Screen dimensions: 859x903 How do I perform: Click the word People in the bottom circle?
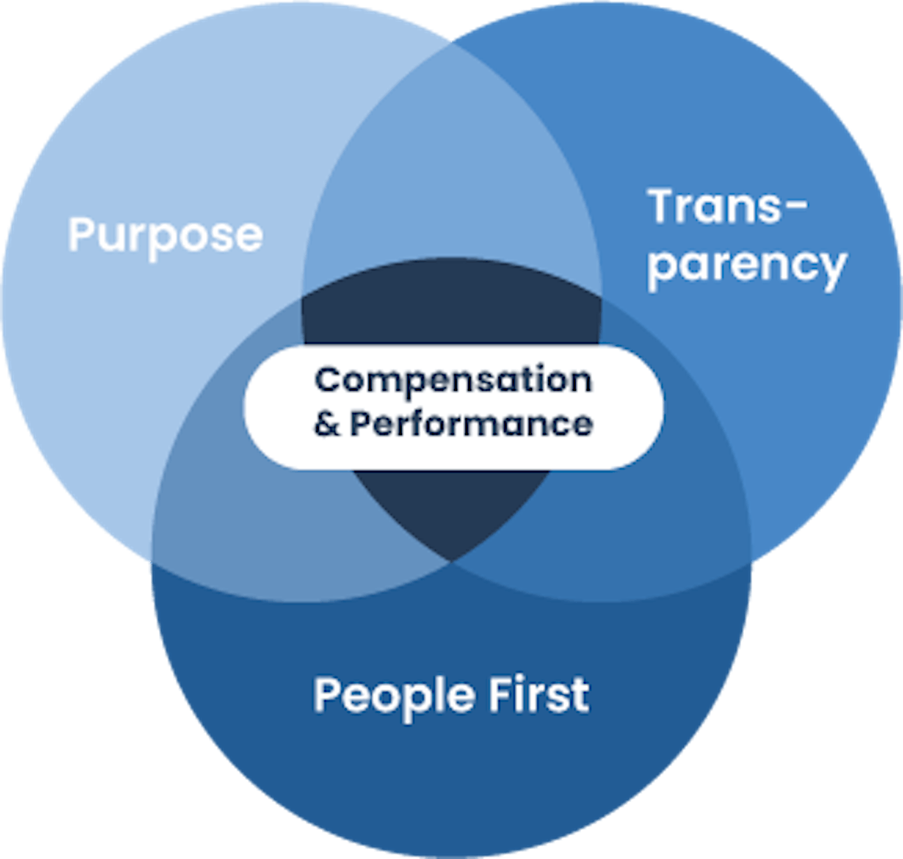click(x=394, y=695)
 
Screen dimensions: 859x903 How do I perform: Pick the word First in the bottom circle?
click(x=539, y=694)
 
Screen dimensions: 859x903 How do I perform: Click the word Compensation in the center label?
click(x=453, y=381)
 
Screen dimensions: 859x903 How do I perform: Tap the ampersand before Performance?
click(x=327, y=424)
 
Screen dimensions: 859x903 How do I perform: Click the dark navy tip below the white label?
click(x=451, y=514)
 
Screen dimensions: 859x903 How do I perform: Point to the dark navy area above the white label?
click(x=451, y=305)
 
